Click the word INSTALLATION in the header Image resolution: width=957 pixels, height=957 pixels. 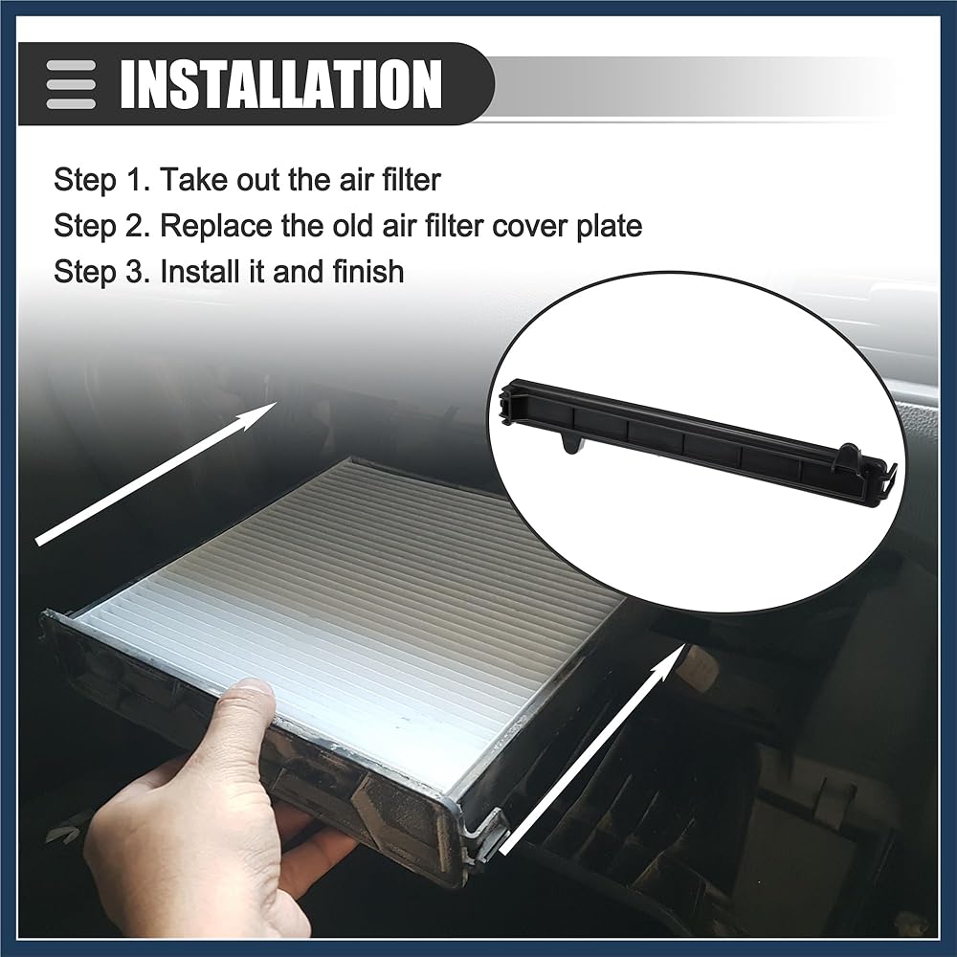pyautogui.click(x=280, y=83)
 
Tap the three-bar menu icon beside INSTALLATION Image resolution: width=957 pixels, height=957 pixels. pyautogui.click(x=71, y=84)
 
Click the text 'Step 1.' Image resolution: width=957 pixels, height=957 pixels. pyautogui.click(x=101, y=180)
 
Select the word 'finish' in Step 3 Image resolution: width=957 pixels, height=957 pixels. pyautogui.click(x=368, y=271)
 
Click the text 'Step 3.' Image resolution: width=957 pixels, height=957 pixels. pyautogui.click(x=101, y=272)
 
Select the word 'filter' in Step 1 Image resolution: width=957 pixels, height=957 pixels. pyautogui.click(x=411, y=180)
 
